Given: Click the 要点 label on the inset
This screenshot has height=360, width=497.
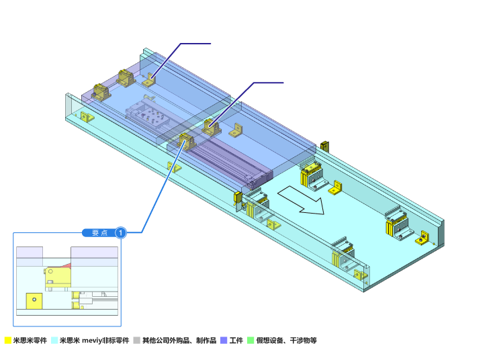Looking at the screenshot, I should coord(99,233).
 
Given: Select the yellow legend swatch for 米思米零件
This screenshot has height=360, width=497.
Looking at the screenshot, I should coord(8,341).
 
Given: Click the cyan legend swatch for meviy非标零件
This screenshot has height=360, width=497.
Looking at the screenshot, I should coord(55,341).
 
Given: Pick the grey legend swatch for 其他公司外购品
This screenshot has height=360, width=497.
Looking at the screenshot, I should coord(137,341).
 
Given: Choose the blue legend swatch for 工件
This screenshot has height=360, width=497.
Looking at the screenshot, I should coord(224,341).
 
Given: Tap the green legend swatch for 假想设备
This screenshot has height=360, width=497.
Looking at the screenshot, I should coord(251,341).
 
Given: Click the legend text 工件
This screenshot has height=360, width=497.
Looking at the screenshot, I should coord(236,341).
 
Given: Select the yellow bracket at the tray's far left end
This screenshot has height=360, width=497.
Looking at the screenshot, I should coord(87,118).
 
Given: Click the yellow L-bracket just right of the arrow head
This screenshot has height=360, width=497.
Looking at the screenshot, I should coord(336,188).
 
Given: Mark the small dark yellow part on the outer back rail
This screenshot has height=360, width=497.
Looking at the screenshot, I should coord(324,146).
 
